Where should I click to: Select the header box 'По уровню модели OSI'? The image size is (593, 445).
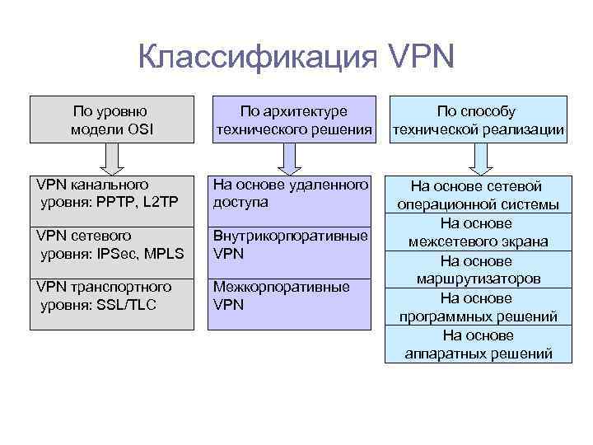(112, 119)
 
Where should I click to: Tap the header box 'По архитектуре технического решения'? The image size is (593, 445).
(293, 119)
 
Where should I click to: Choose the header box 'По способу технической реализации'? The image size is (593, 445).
(478, 119)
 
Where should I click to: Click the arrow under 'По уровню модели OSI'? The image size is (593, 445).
(112, 157)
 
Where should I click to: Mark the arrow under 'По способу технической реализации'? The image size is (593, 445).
(479, 157)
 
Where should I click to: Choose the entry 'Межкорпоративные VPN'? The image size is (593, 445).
(281, 296)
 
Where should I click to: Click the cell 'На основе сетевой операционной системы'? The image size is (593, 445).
(478, 195)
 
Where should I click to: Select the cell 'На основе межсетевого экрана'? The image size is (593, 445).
(478, 232)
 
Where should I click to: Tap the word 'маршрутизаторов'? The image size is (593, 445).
(478, 279)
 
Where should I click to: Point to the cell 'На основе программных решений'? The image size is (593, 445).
(478, 307)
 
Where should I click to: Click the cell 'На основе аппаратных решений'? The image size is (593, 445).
(478, 344)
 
